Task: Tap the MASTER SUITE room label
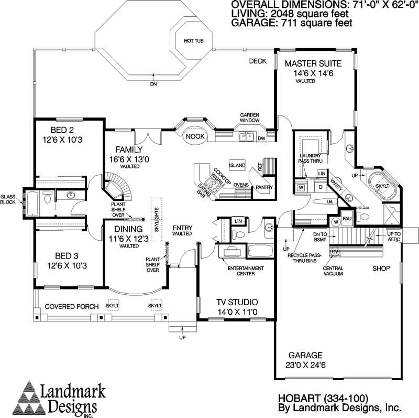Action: coord(313,63)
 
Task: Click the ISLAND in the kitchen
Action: coord(237,165)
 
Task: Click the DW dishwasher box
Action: coord(261,138)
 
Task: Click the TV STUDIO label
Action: coord(237,302)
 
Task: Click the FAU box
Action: coord(347,217)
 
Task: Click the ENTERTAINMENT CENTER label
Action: coord(246,271)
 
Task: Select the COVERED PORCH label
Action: coord(65,306)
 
